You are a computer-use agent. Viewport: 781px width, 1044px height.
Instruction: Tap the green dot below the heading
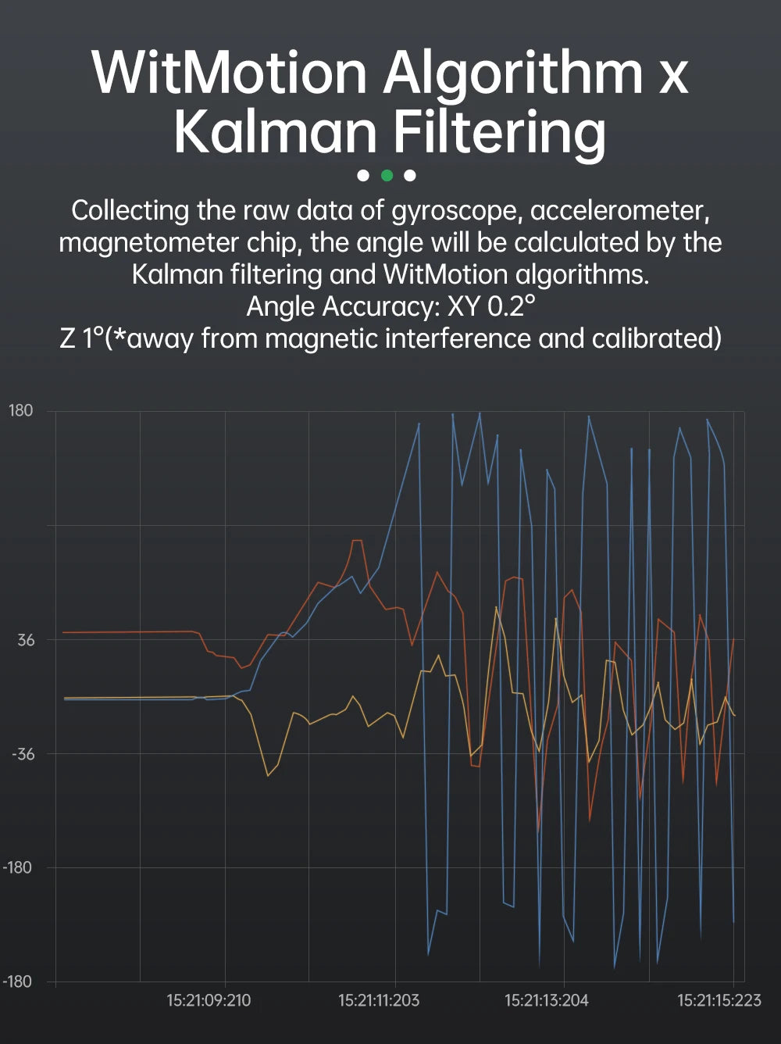click(x=387, y=175)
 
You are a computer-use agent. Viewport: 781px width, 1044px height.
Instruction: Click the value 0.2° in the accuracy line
click(x=512, y=306)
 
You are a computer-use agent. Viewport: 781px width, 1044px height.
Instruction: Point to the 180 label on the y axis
click(x=21, y=411)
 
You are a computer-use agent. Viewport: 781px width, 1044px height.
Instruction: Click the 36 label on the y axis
click(x=26, y=641)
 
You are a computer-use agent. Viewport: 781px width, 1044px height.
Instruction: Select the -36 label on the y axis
click(x=23, y=754)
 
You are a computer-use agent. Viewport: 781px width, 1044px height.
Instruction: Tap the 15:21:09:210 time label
click(x=209, y=1000)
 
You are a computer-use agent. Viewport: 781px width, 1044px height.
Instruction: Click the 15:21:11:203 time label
click(x=379, y=1000)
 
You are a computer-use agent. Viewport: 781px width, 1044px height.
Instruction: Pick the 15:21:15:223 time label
click(x=719, y=1000)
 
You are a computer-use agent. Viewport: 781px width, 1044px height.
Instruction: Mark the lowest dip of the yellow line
click(x=268, y=775)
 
